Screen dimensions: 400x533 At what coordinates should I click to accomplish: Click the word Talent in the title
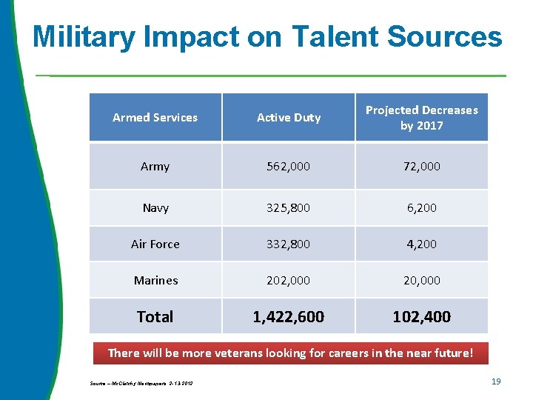[x=336, y=36]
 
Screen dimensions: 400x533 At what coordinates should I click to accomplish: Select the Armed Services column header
[x=155, y=117]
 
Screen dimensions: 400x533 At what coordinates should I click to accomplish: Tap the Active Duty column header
[x=289, y=117]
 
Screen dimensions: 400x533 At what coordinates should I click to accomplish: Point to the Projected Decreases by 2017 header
[x=421, y=117]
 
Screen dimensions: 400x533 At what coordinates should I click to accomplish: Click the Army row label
[x=155, y=166]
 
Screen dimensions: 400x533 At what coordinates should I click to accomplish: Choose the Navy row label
[x=155, y=207]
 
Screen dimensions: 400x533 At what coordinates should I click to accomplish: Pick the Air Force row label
[x=155, y=244]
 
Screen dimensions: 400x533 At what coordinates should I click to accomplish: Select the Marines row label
[x=155, y=280]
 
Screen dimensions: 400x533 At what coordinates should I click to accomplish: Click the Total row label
[x=155, y=316]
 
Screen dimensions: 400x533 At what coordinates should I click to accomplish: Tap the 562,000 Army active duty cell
[x=289, y=166]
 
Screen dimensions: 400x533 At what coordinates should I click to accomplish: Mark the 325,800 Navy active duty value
[x=289, y=207]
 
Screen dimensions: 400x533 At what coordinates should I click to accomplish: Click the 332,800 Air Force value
[x=289, y=244]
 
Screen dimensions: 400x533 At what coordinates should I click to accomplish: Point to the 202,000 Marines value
[x=289, y=280]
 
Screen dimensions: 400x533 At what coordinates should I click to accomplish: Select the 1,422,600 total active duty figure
[x=289, y=316]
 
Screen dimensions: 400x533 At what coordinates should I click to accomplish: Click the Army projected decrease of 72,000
[x=421, y=166]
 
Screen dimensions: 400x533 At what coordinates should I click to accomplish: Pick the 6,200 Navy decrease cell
[x=421, y=207]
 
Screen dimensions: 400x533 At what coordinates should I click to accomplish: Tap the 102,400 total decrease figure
[x=421, y=316]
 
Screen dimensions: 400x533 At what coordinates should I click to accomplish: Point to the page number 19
[x=496, y=381]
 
